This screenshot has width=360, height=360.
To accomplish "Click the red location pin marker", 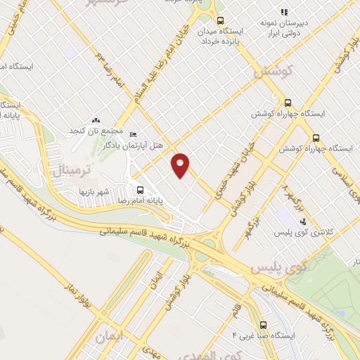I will tap(181, 165).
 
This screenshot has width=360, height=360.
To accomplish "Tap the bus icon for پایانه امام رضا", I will tap(140, 190).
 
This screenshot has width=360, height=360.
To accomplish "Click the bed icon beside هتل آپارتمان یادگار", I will tap(134, 134).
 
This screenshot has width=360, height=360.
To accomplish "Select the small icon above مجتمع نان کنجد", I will tap(96, 122).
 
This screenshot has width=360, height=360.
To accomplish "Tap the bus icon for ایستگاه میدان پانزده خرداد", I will tap(220, 20).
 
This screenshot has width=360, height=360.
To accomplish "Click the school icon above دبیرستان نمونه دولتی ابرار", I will tap(284, 12).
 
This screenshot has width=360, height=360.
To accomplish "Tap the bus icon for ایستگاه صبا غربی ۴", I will tap(264, 326).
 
